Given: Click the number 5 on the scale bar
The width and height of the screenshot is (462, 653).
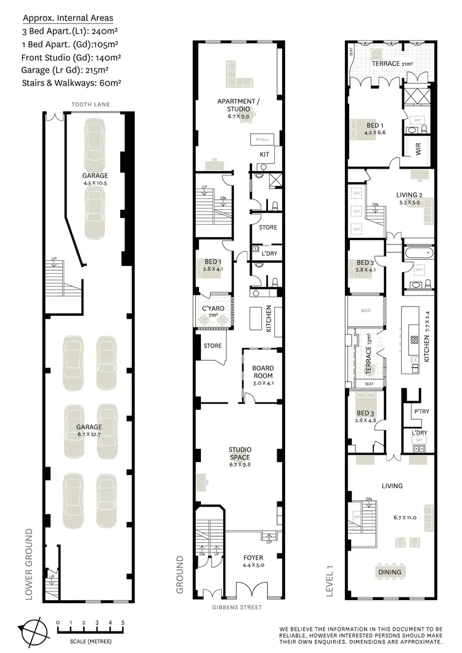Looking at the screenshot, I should coord(123,622).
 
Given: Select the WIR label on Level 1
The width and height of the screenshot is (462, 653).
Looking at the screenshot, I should coord(418,149).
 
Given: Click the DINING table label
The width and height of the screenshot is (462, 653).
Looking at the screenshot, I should coord(389,572).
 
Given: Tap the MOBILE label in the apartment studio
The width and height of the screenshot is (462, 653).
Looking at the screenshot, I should coord(262,139).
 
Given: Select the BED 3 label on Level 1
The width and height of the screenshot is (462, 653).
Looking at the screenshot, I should coord(365,416).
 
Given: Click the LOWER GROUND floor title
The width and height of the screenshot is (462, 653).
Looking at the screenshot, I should coord(28,563).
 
